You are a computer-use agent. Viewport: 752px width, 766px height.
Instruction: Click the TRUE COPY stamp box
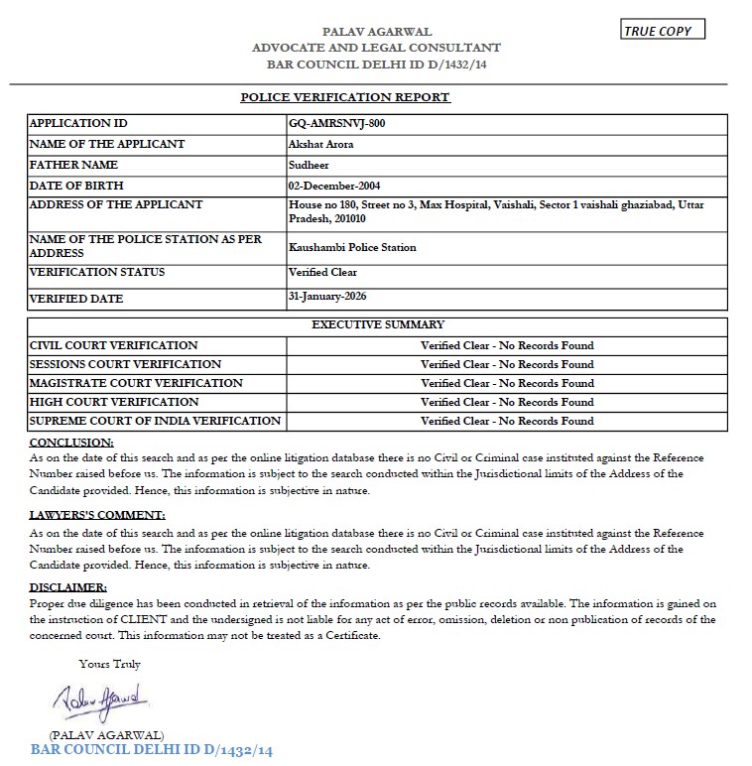pyautogui.click(x=663, y=31)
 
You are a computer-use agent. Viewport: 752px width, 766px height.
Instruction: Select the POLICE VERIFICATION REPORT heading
pyautogui.click(x=345, y=97)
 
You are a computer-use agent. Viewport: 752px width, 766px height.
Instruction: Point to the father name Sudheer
pyautogui.click(x=306, y=165)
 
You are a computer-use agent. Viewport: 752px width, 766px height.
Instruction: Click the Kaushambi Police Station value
pyautogui.click(x=352, y=247)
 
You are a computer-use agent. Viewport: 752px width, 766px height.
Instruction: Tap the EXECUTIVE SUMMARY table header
pyautogui.click(x=378, y=324)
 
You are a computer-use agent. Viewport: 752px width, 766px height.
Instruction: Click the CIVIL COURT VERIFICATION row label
pyautogui.click(x=114, y=345)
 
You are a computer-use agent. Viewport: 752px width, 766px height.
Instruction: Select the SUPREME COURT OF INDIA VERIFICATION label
pyautogui.click(x=155, y=421)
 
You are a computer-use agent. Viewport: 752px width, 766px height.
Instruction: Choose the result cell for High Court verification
pyautogui.click(x=507, y=402)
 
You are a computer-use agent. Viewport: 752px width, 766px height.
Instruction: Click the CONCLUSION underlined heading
pyautogui.click(x=71, y=442)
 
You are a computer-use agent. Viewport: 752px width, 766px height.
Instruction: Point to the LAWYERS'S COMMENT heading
pyautogui.click(x=97, y=515)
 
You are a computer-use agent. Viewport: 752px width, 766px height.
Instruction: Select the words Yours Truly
pyautogui.click(x=109, y=664)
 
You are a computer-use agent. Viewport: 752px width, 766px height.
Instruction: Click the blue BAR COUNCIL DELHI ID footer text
pyautogui.click(x=151, y=750)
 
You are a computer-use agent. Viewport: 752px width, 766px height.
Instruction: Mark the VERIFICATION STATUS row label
pyautogui.click(x=97, y=272)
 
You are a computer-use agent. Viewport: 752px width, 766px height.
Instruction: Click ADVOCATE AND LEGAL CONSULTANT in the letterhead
pyautogui.click(x=376, y=48)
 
